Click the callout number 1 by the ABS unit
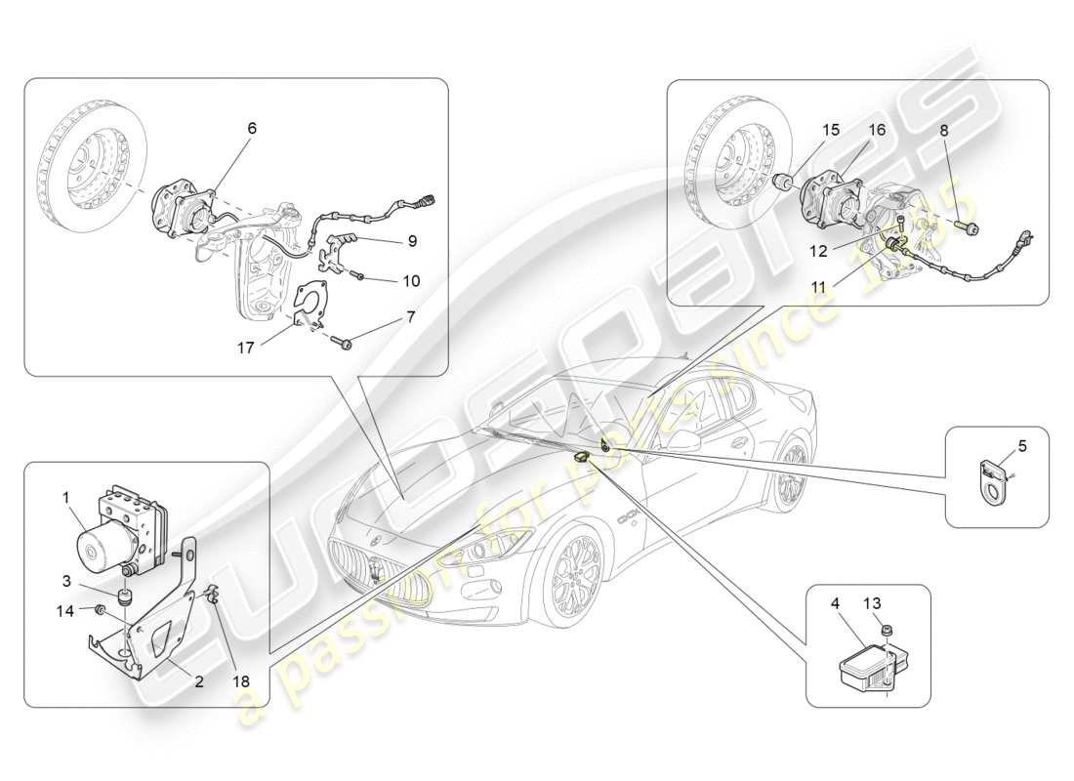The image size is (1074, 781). (67, 498)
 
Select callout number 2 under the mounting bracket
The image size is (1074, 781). (198, 681)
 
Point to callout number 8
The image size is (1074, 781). (943, 130)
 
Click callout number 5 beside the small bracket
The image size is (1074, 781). (1022, 446)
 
